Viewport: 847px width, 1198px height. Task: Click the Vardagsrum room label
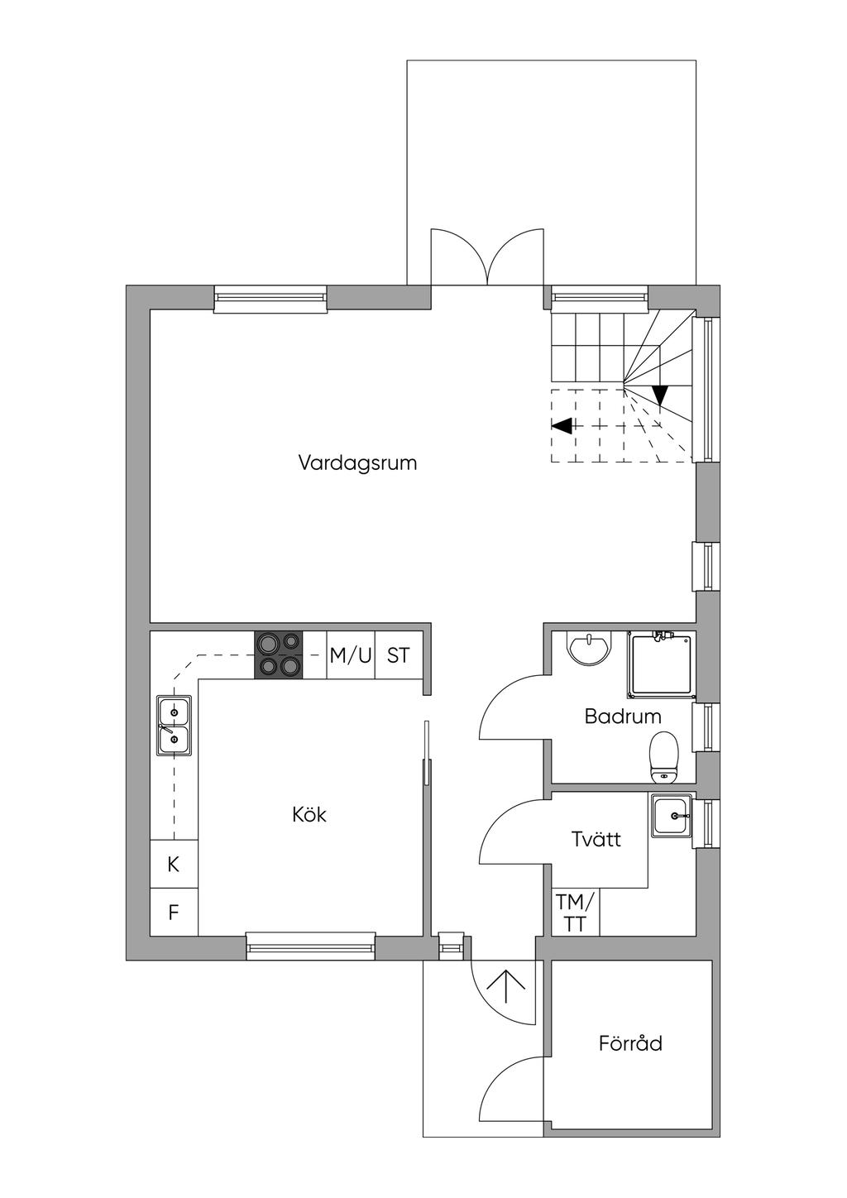click(x=357, y=463)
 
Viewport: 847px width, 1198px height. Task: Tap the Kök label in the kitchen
click(x=309, y=815)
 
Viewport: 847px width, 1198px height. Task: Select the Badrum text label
click(x=623, y=716)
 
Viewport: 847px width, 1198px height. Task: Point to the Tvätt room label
click(x=596, y=839)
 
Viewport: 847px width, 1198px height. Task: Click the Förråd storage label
click(x=630, y=1043)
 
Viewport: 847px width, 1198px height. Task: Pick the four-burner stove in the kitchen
click(x=279, y=655)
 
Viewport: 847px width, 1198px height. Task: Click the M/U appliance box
click(x=351, y=655)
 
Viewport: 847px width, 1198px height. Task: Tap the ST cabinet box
click(x=399, y=655)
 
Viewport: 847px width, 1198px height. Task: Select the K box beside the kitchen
click(x=174, y=864)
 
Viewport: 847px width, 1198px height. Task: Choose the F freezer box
click(x=174, y=912)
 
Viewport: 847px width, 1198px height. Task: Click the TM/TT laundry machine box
click(x=576, y=912)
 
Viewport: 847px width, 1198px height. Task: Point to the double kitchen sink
click(x=174, y=726)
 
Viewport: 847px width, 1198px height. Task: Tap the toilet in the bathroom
click(x=663, y=758)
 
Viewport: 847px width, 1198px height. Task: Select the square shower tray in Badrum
click(x=662, y=665)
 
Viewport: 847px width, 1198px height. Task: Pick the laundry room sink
click(x=672, y=816)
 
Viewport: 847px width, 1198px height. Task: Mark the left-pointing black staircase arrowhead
click(x=561, y=426)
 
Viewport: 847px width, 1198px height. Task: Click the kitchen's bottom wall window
click(x=311, y=947)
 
